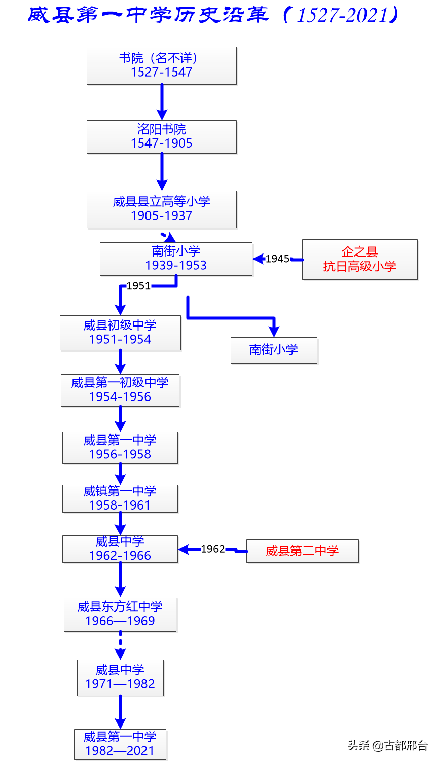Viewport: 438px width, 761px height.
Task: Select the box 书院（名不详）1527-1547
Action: (x=161, y=65)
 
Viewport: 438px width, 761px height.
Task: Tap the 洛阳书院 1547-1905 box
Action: (x=161, y=136)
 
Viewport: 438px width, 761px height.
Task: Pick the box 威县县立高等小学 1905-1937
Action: (x=161, y=209)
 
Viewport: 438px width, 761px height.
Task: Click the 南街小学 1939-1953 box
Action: (x=176, y=259)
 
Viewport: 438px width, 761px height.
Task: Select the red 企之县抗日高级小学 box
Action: (x=359, y=259)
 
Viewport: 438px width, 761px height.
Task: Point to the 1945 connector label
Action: (x=277, y=259)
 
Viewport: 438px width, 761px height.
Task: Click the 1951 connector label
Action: (x=138, y=286)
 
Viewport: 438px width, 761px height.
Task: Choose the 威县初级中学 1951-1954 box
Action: (x=120, y=333)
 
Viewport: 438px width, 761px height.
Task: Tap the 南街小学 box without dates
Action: (x=274, y=350)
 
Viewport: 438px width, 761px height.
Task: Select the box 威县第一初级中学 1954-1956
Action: (x=120, y=390)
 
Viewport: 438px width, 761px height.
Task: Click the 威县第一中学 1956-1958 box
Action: (x=120, y=448)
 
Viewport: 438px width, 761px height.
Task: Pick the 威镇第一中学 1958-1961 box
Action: (x=120, y=498)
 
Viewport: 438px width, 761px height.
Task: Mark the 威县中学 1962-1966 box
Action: (x=120, y=549)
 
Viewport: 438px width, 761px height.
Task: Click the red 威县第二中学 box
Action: (x=302, y=551)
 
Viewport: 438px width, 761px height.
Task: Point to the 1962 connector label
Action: (x=212, y=549)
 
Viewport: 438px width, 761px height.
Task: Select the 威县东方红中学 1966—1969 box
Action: (x=120, y=614)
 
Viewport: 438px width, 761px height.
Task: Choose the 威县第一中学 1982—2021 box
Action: (x=120, y=744)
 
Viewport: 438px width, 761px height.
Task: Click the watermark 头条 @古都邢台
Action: (x=387, y=745)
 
